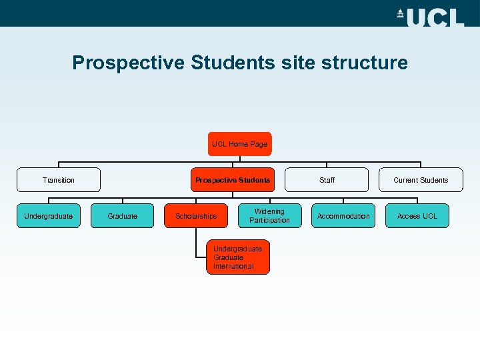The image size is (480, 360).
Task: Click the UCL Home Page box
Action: pyautogui.click(x=239, y=144)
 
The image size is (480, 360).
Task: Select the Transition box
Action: pyautogui.click(x=59, y=180)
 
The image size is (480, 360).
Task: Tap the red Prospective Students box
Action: pyautogui.click(x=232, y=180)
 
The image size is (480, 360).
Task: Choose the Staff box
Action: pyautogui.click(x=327, y=180)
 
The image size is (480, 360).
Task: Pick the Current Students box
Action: pyautogui.click(x=421, y=180)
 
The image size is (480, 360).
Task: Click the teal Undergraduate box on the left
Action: pyautogui.click(x=48, y=216)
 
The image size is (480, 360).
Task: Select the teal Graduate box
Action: pyautogui.click(x=123, y=216)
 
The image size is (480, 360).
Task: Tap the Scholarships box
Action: pyautogui.click(x=196, y=216)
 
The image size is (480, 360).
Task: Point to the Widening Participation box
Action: pyautogui.click(x=270, y=216)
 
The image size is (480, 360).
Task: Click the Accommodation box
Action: pyautogui.click(x=343, y=216)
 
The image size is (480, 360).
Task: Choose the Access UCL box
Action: pyautogui.click(x=417, y=216)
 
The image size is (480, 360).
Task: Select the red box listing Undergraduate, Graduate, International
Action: pyautogui.click(x=239, y=257)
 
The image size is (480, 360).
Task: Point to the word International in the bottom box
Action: pyautogui.click(x=233, y=267)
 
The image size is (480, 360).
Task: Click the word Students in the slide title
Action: pyautogui.click(x=233, y=63)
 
